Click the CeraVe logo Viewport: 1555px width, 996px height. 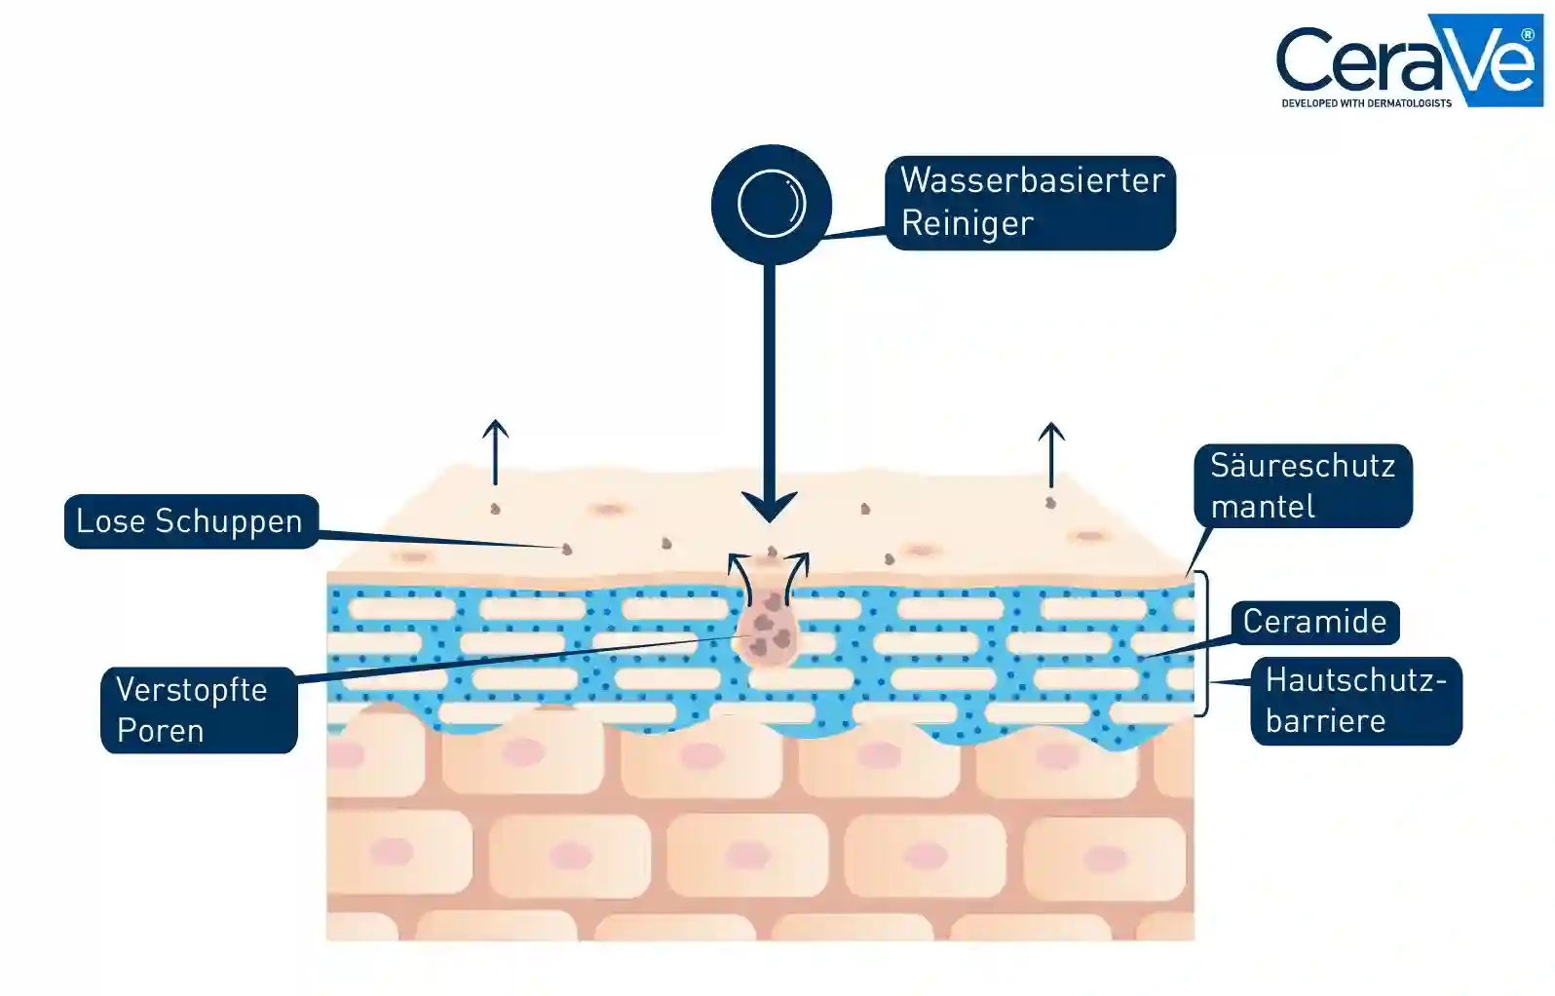(x=1409, y=60)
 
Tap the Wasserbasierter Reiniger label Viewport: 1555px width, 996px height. (x=1030, y=203)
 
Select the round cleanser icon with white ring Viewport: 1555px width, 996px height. (x=771, y=205)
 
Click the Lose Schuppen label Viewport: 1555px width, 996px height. (x=191, y=521)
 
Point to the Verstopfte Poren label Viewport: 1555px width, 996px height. (x=199, y=709)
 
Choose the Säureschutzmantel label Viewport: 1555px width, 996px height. (x=1303, y=486)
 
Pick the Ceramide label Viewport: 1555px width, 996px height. (x=1314, y=622)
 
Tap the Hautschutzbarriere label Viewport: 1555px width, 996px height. (x=1355, y=701)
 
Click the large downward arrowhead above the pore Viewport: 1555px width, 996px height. (x=770, y=506)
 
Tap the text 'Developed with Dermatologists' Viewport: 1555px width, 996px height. (x=1366, y=102)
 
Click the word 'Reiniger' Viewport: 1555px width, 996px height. (x=967, y=224)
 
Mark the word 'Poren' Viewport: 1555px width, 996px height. (x=161, y=731)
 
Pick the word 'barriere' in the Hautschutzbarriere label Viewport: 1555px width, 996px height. (x=1325, y=721)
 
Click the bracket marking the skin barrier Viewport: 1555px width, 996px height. (x=1204, y=643)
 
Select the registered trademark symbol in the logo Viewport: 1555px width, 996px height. (x=1527, y=34)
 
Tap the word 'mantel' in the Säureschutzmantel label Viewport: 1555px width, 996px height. (x=1263, y=507)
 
